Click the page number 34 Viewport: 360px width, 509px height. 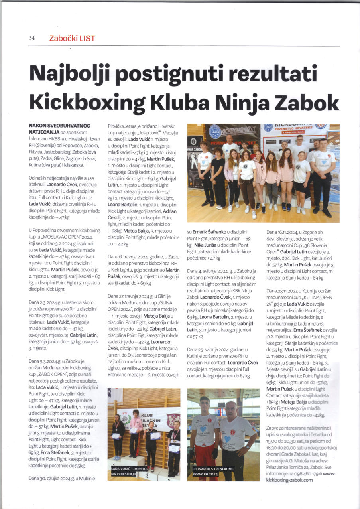tap(32, 38)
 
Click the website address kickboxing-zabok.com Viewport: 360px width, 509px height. tap(289, 480)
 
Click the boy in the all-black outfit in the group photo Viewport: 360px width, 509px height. tap(218, 176)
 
